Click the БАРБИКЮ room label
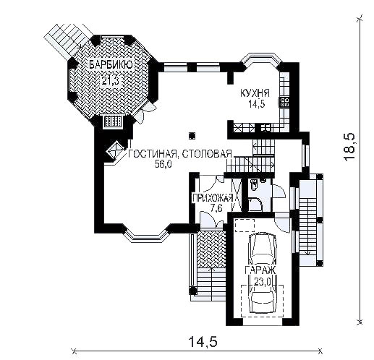111,65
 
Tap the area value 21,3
110,80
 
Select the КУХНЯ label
255,93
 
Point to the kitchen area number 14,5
257,104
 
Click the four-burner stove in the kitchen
284,102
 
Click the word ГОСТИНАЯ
153,154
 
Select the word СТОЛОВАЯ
207,154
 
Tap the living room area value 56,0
163,164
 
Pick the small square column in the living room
192,136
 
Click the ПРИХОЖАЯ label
213,198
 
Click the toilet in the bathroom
254,185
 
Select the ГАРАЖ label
260,270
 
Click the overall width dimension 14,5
203,342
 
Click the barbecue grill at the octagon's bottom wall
113,121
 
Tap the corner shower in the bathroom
255,204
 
